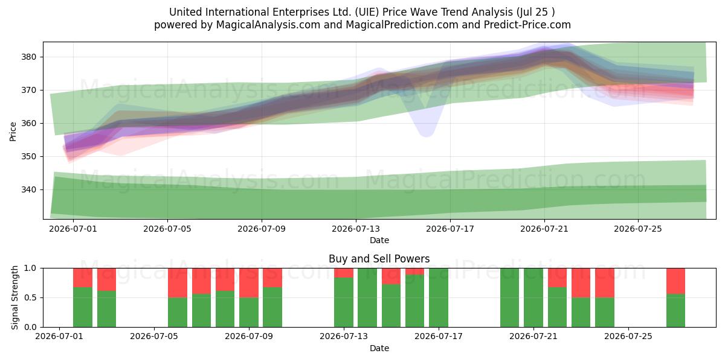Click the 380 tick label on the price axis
coord(29,57)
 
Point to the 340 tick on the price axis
coord(29,189)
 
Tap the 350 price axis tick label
coord(29,157)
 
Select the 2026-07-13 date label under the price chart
coord(356,229)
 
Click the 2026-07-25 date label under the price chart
coord(638,229)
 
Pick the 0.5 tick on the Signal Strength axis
coord(30,297)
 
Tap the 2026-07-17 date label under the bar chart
coord(439,337)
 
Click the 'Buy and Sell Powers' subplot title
coord(379,259)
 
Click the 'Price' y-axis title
coord(13,132)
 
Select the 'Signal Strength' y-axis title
coord(14,297)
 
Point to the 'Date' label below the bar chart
coord(379,349)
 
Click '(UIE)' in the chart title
coord(367,12)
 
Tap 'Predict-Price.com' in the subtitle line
coord(527,25)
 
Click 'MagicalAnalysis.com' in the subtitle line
coord(268,25)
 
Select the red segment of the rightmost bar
coord(675,281)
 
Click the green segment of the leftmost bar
coord(83,307)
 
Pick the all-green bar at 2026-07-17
coord(439,297)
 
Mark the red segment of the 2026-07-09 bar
coord(249,283)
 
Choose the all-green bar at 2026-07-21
coord(533,297)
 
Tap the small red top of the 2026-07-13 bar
coord(344,273)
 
